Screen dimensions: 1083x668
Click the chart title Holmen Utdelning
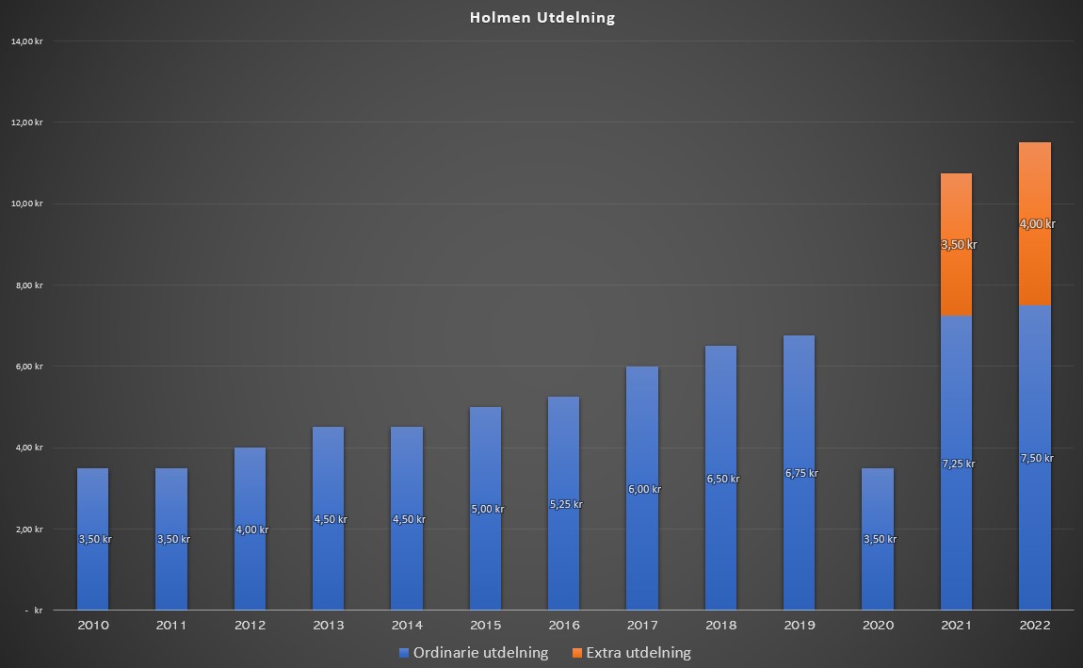[542, 18]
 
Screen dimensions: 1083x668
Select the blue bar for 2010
[92, 539]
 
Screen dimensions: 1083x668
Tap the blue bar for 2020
[878, 539]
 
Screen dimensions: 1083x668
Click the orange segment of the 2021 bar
[956, 245]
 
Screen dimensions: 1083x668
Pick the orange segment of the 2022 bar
[1035, 224]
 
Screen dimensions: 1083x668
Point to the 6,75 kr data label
[801, 473]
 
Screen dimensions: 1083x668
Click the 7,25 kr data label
[958, 464]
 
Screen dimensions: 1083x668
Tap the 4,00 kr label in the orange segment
[1038, 224]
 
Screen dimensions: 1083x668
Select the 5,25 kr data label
[566, 504]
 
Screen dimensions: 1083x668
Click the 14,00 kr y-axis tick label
[27, 41]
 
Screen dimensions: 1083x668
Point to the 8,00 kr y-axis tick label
[29, 285]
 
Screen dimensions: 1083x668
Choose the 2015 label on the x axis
[486, 626]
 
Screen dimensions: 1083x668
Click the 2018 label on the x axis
[721, 626]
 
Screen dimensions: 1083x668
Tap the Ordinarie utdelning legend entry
[474, 653]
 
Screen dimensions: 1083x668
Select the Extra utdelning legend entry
[632, 653]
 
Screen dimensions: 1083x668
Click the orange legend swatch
[577, 653]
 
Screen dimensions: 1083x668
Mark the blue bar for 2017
[642, 488]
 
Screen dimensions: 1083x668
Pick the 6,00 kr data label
[644, 489]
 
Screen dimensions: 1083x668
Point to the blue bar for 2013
[328, 518]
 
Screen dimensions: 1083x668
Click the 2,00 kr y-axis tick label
[29, 530]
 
